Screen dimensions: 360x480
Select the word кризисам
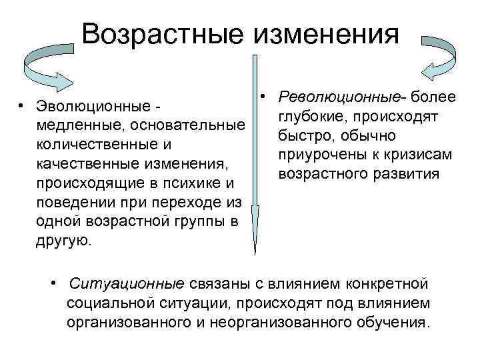coord(421,155)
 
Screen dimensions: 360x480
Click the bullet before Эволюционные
coord(22,105)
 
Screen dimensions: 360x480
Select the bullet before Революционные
coord(265,97)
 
